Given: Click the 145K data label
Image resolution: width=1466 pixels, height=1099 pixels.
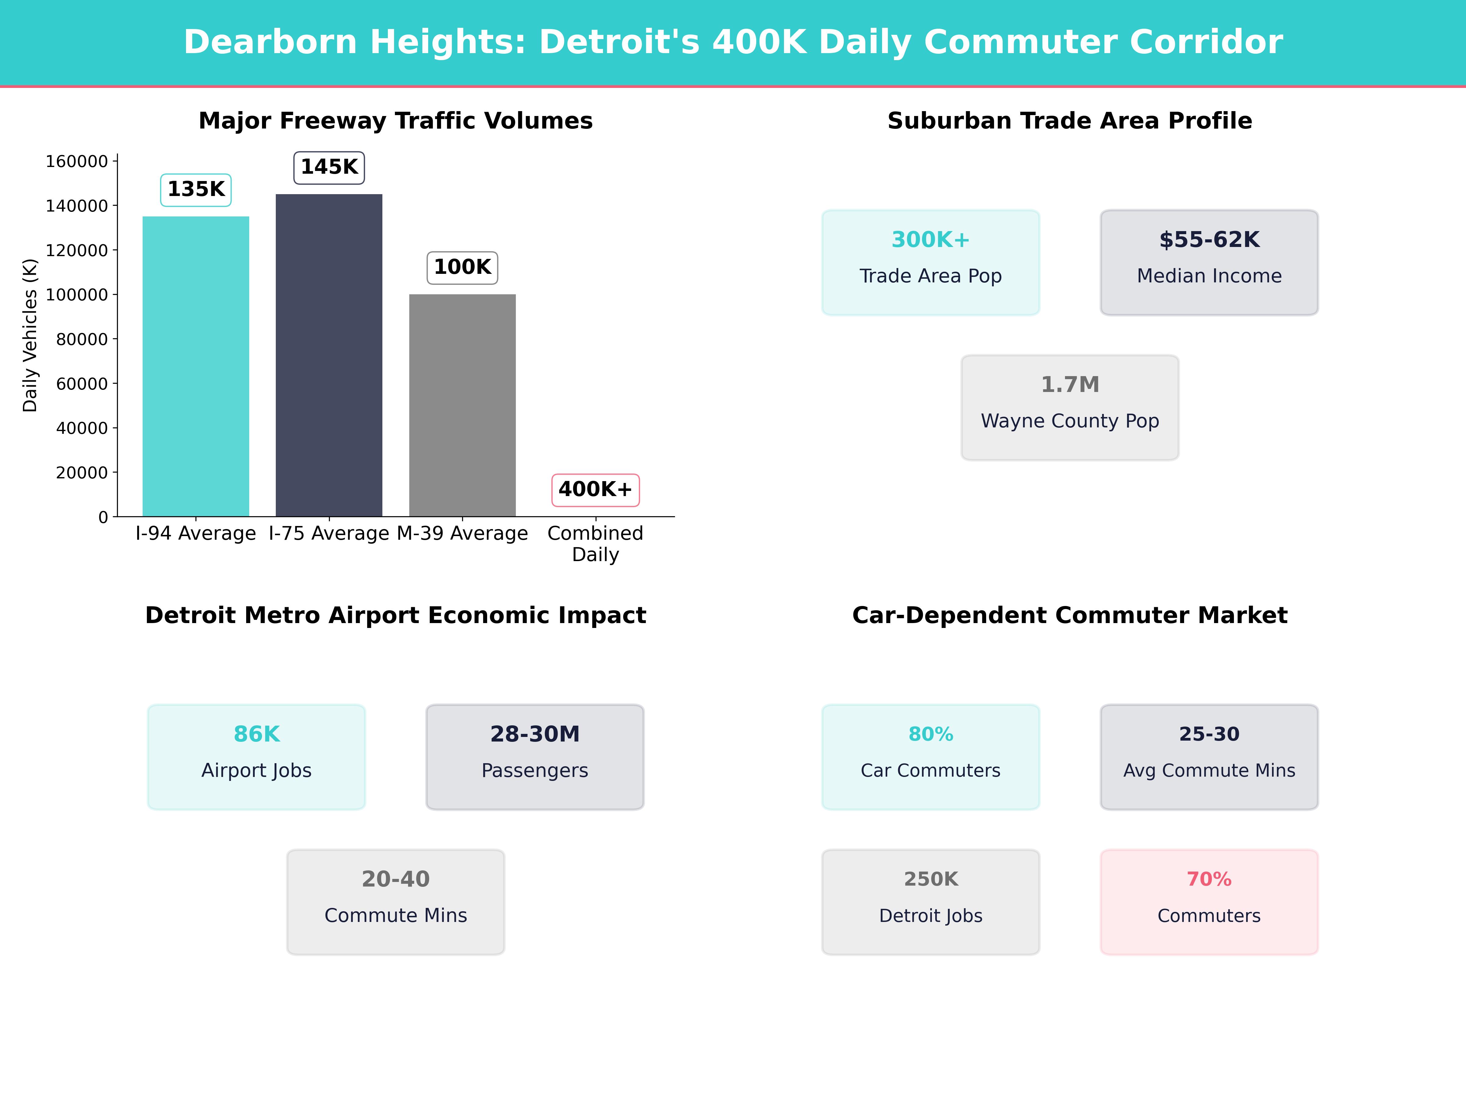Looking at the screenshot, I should tap(329, 167).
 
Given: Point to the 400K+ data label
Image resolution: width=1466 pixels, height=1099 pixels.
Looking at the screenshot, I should tap(595, 490).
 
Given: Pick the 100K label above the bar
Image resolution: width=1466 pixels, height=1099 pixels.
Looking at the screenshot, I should tap(462, 267).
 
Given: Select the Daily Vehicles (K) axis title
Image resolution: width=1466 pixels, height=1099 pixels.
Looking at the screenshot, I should tap(30, 335).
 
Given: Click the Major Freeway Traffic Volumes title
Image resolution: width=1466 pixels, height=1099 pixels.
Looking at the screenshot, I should tap(396, 121).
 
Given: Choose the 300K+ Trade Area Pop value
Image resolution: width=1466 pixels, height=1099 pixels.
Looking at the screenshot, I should tap(931, 239).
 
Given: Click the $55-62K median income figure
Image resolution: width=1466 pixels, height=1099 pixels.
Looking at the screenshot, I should tap(1209, 239).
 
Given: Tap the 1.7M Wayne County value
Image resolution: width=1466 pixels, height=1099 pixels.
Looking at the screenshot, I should tap(1070, 384).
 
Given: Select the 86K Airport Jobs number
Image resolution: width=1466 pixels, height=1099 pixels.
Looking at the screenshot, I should tap(257, 734).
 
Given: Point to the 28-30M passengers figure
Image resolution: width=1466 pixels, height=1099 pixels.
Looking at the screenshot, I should tap(535, 734).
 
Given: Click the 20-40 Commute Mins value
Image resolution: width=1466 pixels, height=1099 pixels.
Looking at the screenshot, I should tap(396, 879).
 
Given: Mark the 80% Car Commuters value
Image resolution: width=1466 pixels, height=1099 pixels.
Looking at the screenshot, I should tap(931, 734).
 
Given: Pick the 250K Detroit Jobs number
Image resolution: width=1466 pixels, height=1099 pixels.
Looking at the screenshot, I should tap(931, 879).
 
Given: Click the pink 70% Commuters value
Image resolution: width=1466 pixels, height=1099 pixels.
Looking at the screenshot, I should tap(1209, 879).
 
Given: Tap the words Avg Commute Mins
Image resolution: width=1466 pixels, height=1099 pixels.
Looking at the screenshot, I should tap(1209, 771).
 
